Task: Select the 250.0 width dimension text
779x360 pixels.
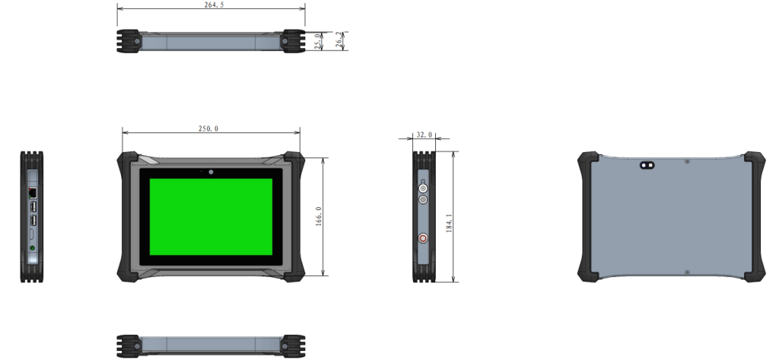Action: click(x=208, y=129)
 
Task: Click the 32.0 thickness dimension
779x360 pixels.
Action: click(x=424, y=135)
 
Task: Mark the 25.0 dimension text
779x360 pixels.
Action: click(x=319, y=41)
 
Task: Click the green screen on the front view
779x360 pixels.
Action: click(x=211, y=217)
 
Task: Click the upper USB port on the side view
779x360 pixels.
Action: click(x=33, y=206)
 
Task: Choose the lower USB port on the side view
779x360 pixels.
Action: click(x=33, y=221)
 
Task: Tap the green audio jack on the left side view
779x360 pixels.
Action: click(x=31, y=248)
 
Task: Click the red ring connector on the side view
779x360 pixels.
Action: click(x=423, y=238)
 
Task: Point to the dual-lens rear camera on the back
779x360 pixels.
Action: click(x=648, y=164)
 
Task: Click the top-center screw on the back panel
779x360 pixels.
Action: click(x=687, y=161)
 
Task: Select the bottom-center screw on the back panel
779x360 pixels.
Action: click(x=687, y=272)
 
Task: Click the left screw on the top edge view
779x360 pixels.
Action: click(x=137, y=41)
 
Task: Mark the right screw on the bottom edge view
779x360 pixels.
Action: click(x=285, y=346)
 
